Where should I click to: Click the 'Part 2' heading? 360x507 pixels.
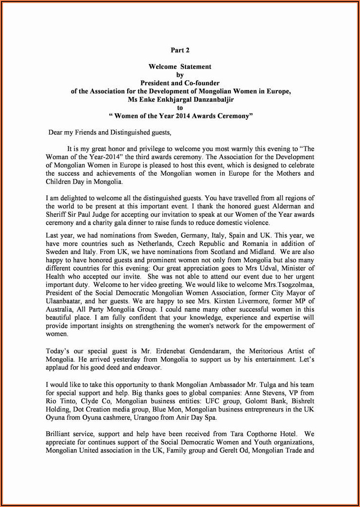pyautogui.click(x=180, y=50)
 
